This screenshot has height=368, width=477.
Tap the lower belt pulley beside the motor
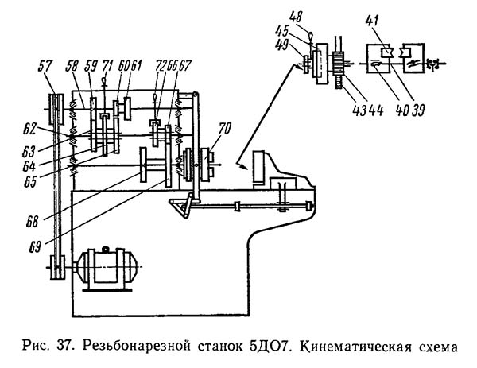[55, 266]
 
